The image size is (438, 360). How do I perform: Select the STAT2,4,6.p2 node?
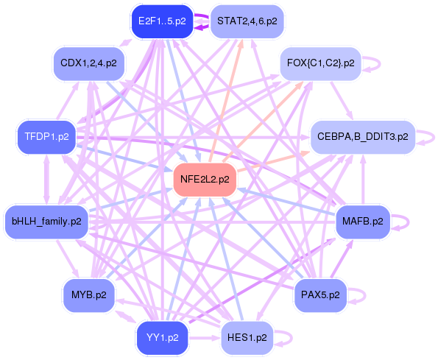247,21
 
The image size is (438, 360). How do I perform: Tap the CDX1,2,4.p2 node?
88,63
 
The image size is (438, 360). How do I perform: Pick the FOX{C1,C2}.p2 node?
320,63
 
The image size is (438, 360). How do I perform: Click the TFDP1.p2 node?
46,137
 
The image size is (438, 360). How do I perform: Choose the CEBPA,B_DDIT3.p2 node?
363,137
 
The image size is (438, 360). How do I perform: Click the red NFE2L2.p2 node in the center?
204,179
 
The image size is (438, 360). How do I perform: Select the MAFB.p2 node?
363,219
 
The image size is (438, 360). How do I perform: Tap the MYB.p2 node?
88,294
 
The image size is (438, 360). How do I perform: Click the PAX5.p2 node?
320,294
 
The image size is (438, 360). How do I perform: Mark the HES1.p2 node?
247,338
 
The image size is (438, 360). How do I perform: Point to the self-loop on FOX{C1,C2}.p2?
373,63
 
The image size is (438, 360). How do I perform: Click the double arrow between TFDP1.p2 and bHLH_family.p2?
46,178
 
